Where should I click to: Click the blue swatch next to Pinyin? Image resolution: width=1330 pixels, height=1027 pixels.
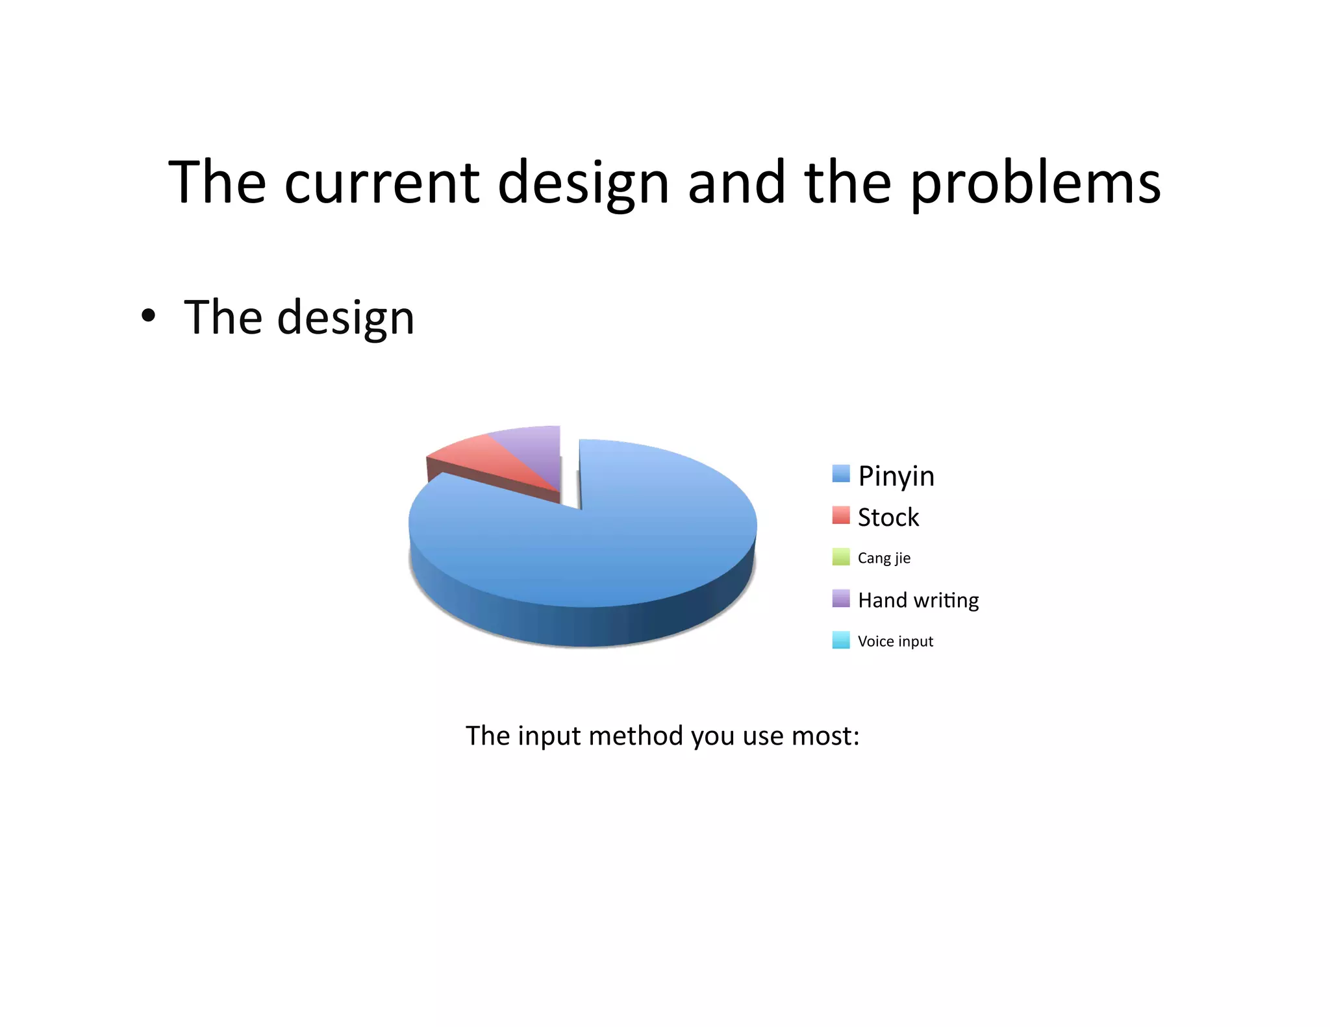(x=841, y=474)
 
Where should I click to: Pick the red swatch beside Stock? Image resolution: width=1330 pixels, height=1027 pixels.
(x=841, y=515)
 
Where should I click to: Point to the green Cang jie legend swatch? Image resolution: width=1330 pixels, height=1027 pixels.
(x=841, y=557)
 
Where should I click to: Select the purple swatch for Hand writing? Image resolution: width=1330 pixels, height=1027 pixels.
(x=841, y=599)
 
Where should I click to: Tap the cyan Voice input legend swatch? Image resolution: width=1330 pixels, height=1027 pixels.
(x=841, y=640)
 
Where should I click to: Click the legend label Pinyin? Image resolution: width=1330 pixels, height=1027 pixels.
(x=896, y=476)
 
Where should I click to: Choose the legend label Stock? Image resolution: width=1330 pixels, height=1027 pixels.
(x=888, y=517)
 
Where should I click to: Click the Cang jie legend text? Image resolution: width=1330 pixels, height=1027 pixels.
(x=884, y=558)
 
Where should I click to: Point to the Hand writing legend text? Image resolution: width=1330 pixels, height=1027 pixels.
(x=918, y=600)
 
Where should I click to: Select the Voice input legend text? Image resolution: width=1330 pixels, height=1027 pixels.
(x=895, y=641)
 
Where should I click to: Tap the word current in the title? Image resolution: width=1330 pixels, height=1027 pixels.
(x=382, y=183)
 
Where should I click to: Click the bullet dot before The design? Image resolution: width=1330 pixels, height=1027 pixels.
(x=149, y=316)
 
